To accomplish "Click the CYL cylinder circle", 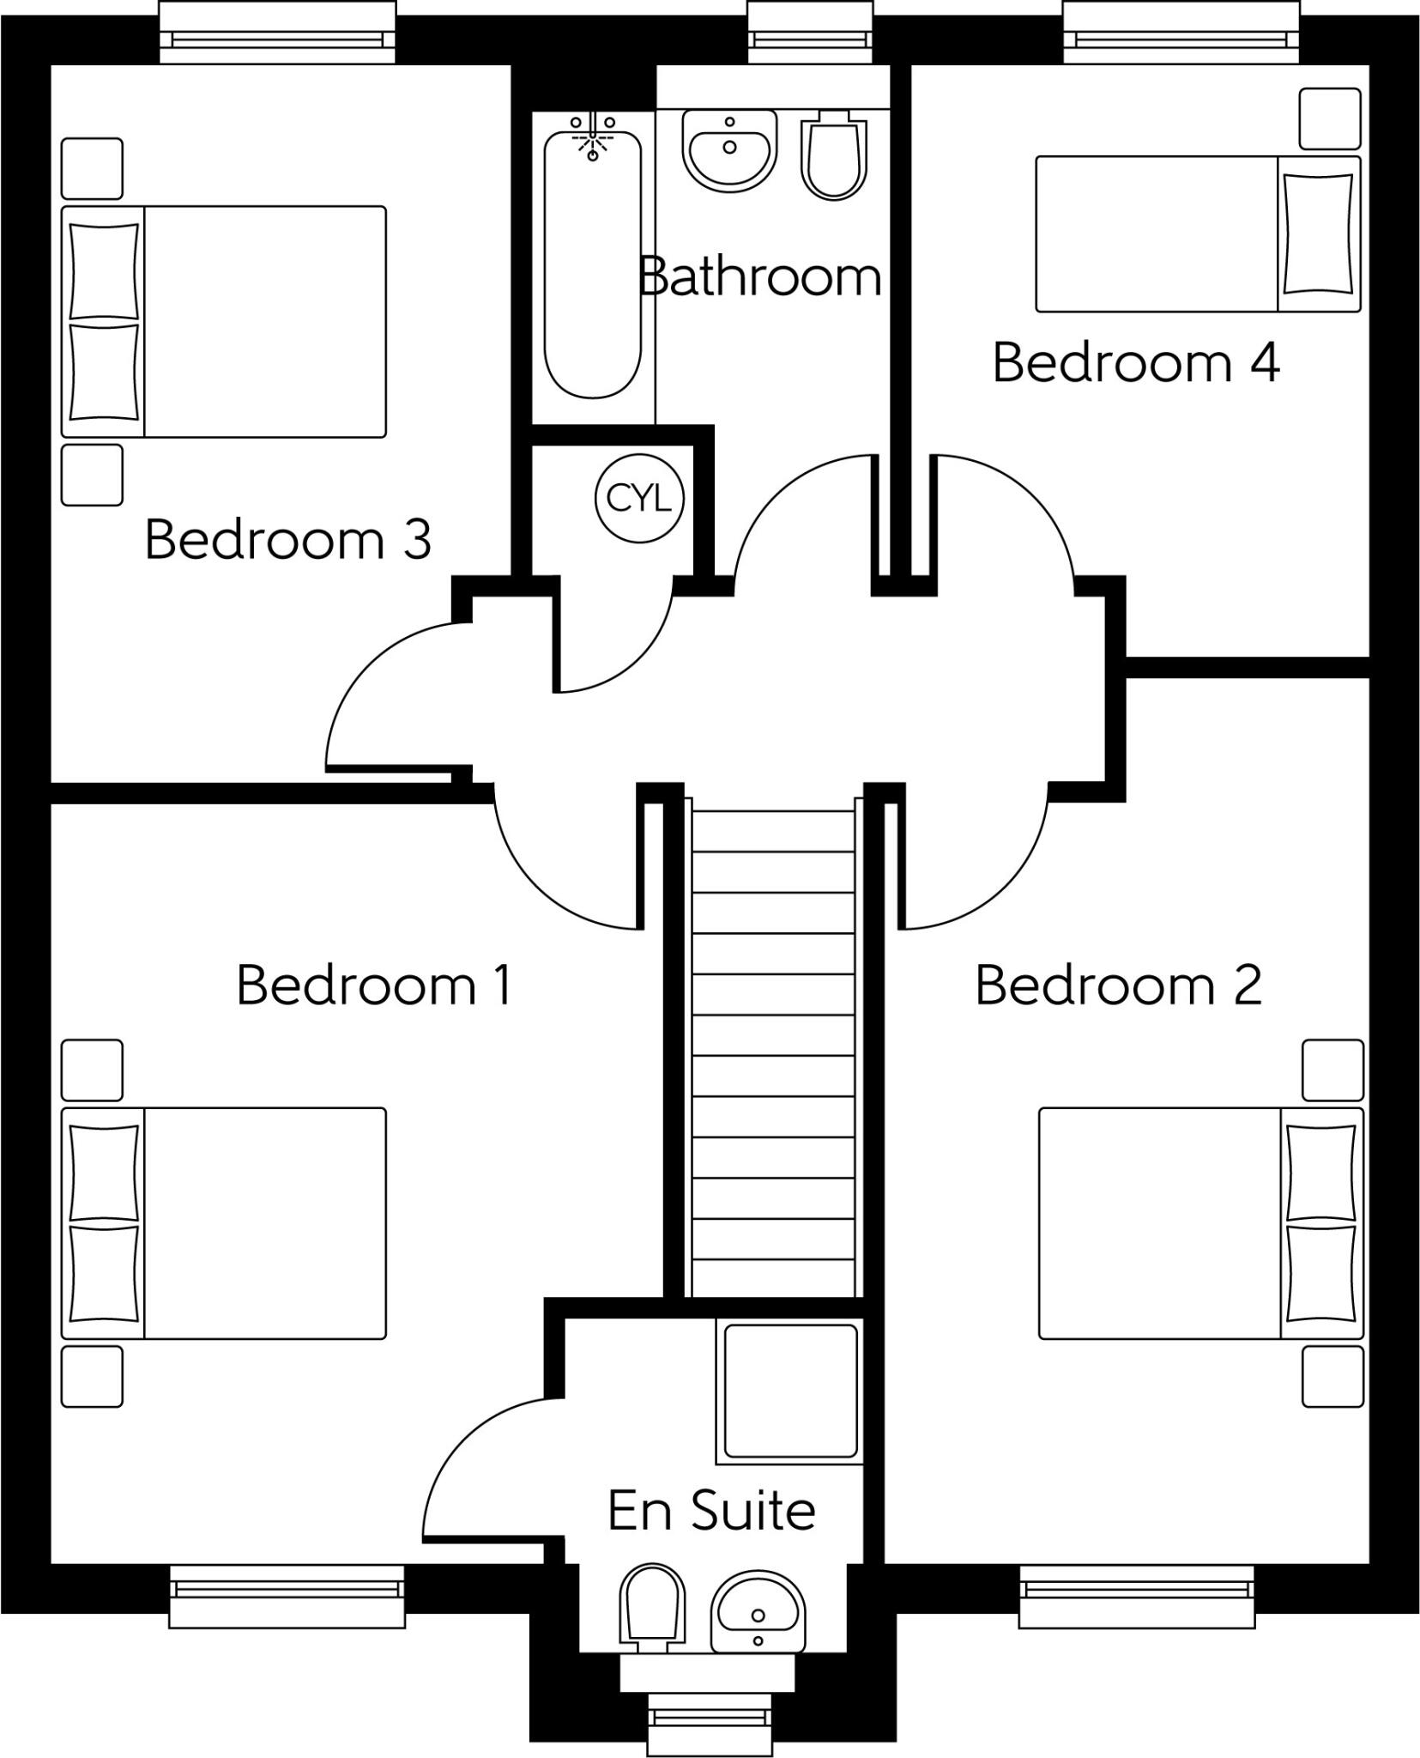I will point(639,498).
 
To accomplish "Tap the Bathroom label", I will point(760,276).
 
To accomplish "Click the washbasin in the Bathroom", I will point(729,150).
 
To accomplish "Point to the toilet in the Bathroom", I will point(832,155).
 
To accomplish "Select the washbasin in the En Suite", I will point(758,1612).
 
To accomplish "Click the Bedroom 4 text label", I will point(1135,362).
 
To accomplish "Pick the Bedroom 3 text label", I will point(287,539).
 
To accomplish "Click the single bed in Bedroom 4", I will point(1197,233).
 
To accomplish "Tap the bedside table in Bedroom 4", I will point(1329,118).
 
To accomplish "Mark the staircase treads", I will point(772,1056).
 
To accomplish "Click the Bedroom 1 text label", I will point(374,985).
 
